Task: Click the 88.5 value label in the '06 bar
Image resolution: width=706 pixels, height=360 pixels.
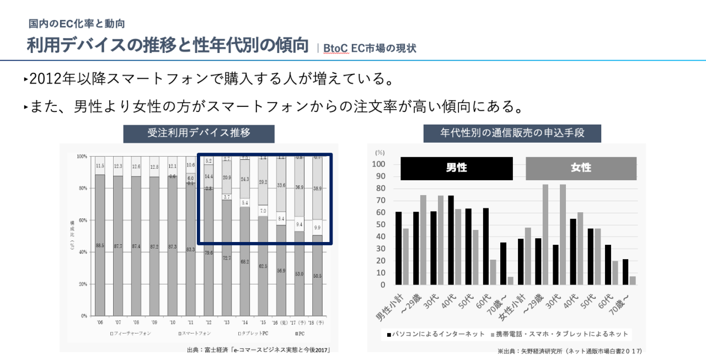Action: pos(100,245)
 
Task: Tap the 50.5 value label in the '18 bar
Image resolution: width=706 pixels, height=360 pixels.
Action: pos(317,275)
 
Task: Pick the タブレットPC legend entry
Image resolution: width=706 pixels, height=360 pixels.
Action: pos(253,334)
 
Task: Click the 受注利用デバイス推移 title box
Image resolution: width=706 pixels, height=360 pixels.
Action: pos(199,133)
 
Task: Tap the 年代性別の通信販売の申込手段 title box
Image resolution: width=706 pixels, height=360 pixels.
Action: pos(512,133)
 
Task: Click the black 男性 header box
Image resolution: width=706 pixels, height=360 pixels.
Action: pos(456,168)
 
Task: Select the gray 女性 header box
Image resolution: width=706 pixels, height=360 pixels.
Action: pos(581,168)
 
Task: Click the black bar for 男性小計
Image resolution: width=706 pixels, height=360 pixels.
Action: pos(398,248)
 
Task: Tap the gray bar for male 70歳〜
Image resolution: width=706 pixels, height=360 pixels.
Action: pos(510,281)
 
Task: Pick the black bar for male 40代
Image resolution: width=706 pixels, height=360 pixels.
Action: pos(451,240)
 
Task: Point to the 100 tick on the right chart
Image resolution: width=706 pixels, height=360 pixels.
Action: pos(379,164)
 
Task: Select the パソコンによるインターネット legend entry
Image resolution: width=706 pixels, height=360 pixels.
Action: pos(433,334)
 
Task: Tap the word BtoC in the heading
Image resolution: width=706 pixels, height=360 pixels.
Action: pos(336,48)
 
